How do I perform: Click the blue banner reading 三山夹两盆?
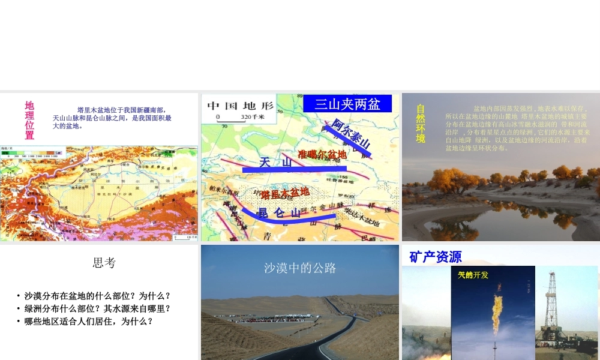(x=347, y=104)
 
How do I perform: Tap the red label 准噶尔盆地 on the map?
(x=322, y=155)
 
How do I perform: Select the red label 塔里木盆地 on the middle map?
(x=285, y=193)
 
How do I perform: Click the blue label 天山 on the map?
(x=275, y=163)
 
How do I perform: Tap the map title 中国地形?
(x=240, y=106)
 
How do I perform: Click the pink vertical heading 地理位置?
(x=29, y=120)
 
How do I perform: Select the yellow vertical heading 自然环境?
(x=421, y=124)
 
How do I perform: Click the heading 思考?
(x=104, y=263)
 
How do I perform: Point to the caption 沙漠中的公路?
(x=300, y=268)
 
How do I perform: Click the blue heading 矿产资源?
(x=436, y=257)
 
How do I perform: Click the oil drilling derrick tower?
(x=551, y=306)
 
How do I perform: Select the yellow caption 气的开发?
(x=473, y=275)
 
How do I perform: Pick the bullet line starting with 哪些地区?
(x=88, y=321)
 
